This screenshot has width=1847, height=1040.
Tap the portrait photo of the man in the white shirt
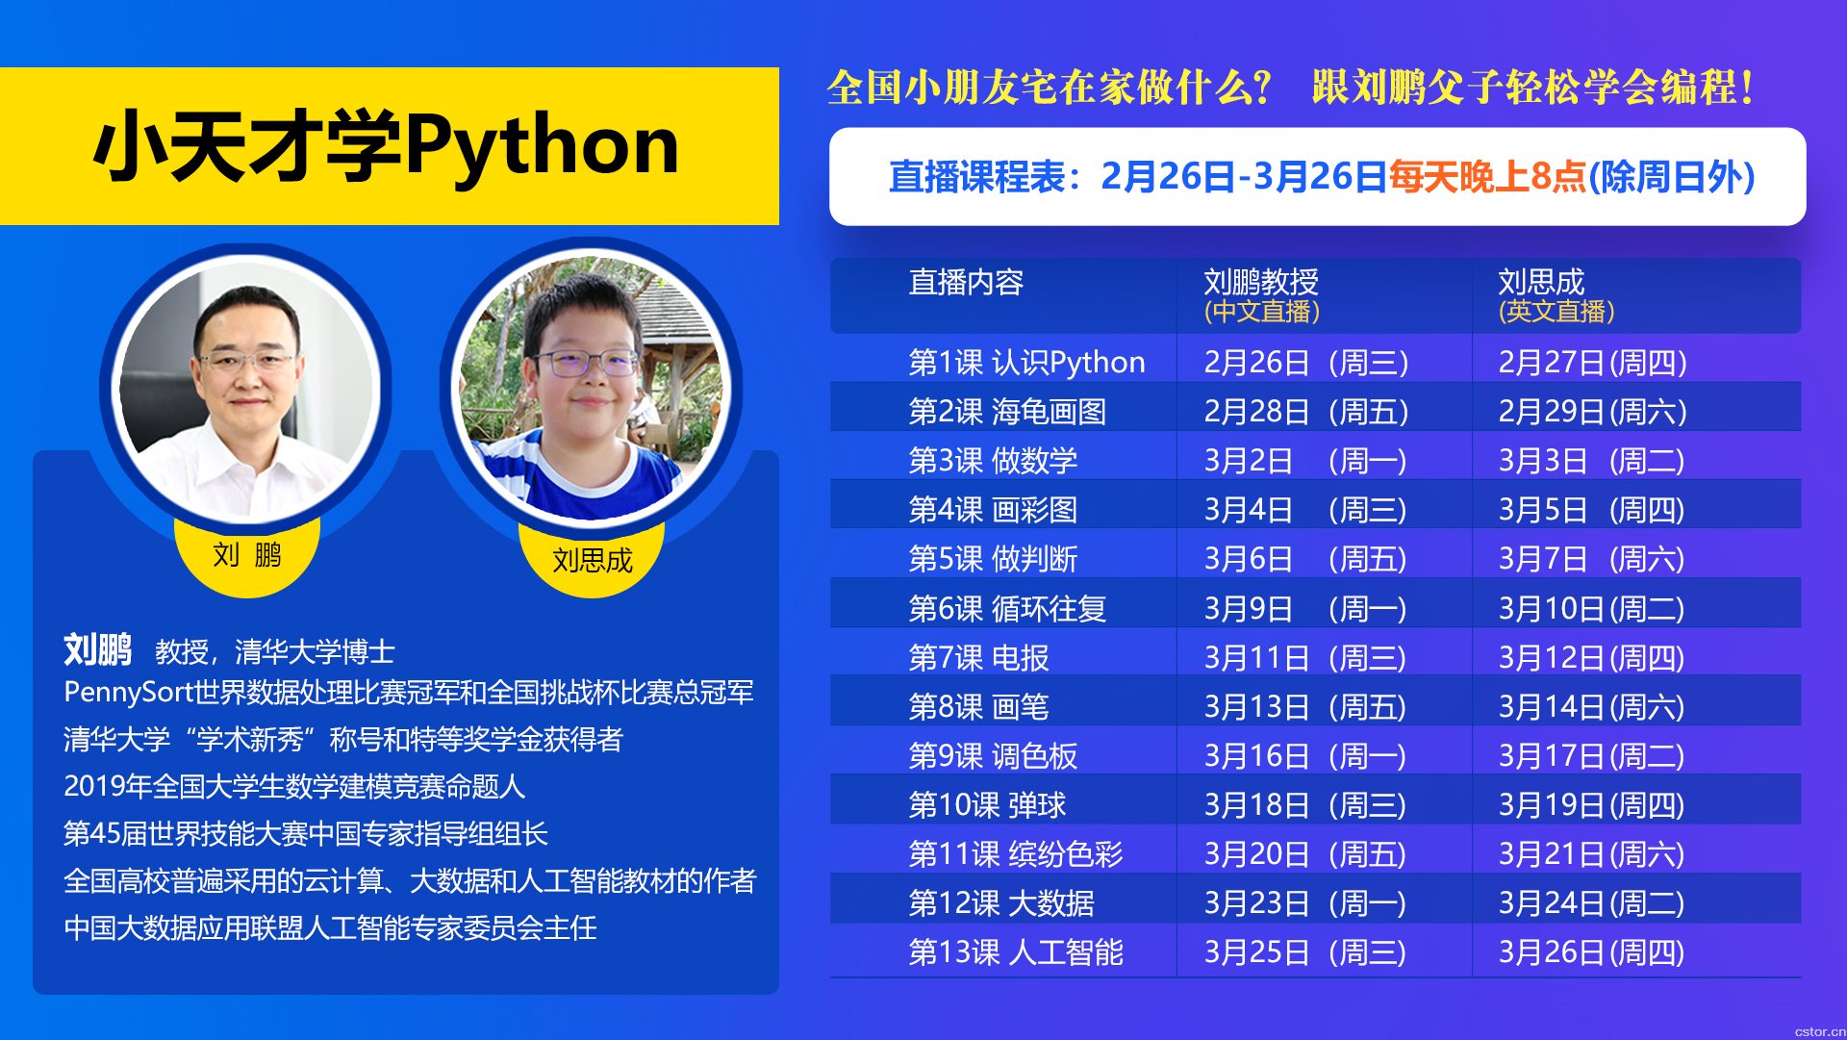[245, 389]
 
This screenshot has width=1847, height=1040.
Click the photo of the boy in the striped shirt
[591, 389]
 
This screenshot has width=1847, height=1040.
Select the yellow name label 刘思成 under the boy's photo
[592, 560]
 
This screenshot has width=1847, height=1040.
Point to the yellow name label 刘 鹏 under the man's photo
[247, 555]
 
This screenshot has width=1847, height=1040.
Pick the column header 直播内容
[966, 282]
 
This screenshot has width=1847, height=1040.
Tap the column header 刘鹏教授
[1261, 282]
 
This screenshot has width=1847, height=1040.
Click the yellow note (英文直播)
[1556, 312]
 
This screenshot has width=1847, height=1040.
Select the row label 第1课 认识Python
[1026, 363]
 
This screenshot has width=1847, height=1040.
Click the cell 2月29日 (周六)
[1592, 412]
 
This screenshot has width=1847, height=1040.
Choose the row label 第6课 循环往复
[1007, 609]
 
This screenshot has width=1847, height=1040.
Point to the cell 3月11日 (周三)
[1304, 658]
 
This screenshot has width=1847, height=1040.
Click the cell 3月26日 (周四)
[1591, 952]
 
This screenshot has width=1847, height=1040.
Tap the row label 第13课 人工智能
[1016, 952]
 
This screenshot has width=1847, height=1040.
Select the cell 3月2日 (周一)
[1304, 461]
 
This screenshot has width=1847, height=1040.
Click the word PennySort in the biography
[129, 693]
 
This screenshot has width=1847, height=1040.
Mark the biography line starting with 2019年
[294, 786]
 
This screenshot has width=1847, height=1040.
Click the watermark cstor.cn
[1820, 1031]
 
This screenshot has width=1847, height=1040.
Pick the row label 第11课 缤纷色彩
[1016, 854]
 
